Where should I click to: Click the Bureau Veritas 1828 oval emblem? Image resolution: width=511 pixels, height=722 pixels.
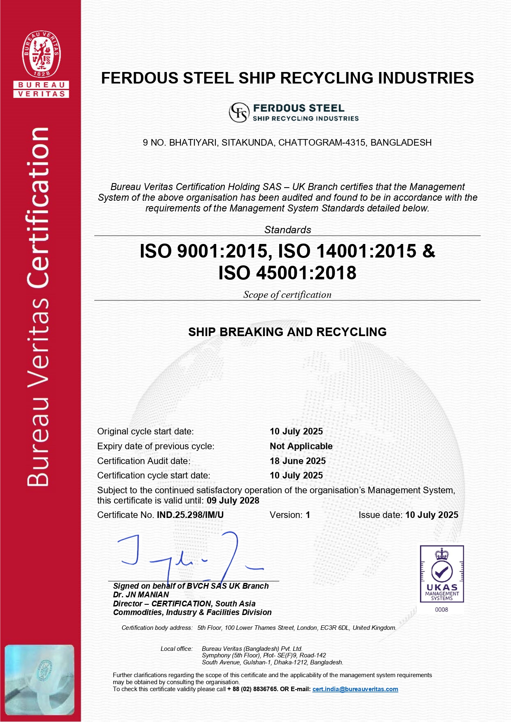tap(41, 54)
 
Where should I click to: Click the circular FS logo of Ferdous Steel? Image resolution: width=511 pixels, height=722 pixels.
tap(239, 112)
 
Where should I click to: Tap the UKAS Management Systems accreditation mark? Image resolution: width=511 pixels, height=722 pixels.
tap(442, 574)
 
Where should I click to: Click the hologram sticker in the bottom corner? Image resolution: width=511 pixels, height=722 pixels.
tap(40, 680)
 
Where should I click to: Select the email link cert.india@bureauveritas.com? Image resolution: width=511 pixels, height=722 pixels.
tap(355, 689)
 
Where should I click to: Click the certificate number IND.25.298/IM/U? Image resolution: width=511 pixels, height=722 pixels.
tap(190, 515)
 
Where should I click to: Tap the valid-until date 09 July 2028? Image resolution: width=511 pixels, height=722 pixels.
tap(233, 500)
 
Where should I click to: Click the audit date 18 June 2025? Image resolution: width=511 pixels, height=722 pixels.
tap(298, 461)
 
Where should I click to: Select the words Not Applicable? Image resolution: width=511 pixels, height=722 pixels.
tap(301, 446)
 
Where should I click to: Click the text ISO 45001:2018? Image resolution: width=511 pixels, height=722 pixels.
tap(287, 273)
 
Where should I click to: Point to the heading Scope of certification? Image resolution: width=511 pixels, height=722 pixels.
tap(287, 295)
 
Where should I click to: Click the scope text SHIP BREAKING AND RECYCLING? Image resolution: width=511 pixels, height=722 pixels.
tap(287, 332)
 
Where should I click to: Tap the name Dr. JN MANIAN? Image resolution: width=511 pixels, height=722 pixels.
tap(141, 594)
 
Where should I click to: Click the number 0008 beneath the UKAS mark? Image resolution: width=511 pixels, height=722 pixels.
tap(441, 609)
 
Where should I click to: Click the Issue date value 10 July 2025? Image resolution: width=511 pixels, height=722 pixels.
tap(432, 515)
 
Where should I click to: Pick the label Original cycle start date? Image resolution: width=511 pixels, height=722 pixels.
tap(145, 431)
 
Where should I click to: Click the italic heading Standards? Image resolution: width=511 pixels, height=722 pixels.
tap(287, 230)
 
